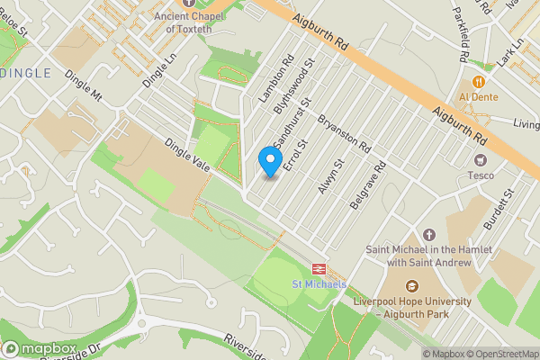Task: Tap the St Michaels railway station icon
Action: pyautogui.click(x=319, y=268)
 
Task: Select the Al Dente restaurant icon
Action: pyautogui.click(x=479, y=81)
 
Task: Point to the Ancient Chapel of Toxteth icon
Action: pyautogui.click(x=188, y=3)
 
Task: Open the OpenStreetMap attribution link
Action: pyautogui.click(x=500, y=354)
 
